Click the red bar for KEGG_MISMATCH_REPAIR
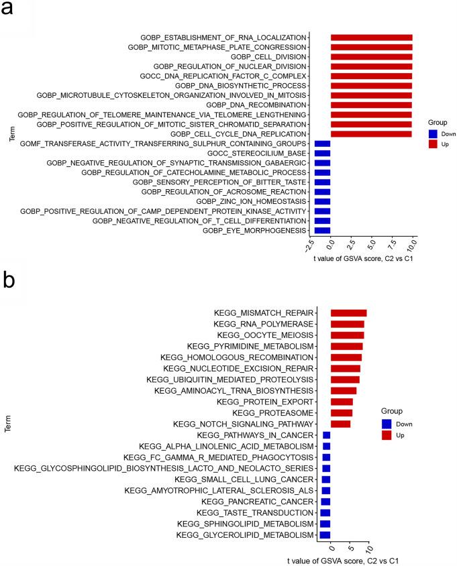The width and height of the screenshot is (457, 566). [348, 313]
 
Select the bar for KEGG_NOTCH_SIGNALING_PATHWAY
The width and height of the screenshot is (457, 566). [340, 424]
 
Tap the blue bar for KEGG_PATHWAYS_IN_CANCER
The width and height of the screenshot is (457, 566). [327, 435]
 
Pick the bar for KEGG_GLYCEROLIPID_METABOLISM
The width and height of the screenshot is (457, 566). [325, 534]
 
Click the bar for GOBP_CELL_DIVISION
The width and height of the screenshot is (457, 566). [371, 56]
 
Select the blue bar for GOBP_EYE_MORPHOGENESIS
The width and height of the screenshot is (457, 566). [323, 230]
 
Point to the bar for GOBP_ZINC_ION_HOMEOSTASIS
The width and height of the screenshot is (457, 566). [323, 201]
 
